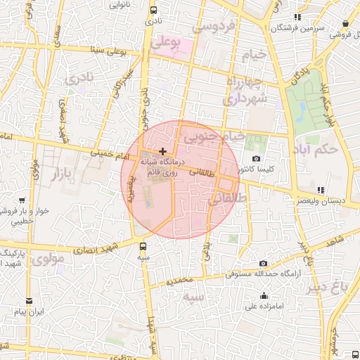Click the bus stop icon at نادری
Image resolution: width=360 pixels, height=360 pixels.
coord(153,10)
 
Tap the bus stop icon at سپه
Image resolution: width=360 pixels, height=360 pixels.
coord(143,246)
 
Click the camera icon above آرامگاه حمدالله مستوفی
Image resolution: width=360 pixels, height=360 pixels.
coord(263,262)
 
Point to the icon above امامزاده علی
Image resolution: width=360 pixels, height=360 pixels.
coord(264,295)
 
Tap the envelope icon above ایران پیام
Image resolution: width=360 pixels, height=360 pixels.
coord(29,300)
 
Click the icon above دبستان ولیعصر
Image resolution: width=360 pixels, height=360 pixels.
coord(321,190)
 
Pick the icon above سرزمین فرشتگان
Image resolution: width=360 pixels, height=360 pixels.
coord(297,16)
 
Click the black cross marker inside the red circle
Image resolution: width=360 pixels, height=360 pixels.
coord(162,151)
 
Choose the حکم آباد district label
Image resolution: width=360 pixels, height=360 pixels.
coord(334,150)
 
